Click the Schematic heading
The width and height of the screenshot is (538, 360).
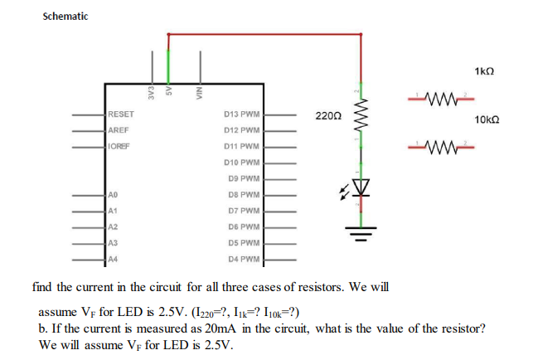(x=65, y=16)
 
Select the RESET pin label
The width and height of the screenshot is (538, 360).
(x=122, y=114)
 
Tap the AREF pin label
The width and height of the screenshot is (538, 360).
(x=119, y=130)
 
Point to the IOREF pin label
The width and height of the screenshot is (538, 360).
(x=120, y=146)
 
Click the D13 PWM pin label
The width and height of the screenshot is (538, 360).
(x=242, y=114)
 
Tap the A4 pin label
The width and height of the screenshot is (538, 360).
(x=114, y=259)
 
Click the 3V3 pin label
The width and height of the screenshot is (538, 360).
(x=152, y=89)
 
